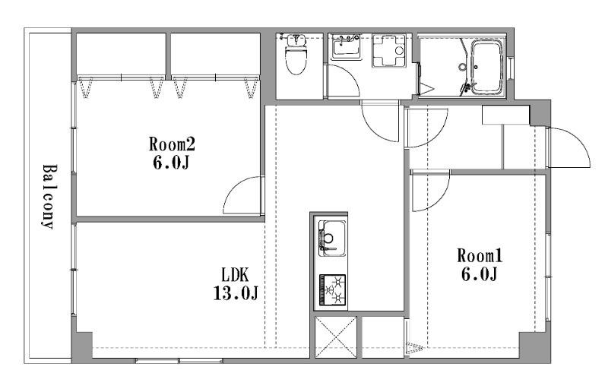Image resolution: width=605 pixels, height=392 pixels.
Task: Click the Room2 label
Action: pos(172,144)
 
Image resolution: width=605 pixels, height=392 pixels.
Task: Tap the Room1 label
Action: pos(480,256)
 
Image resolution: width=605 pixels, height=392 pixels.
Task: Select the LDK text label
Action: pos(236,275)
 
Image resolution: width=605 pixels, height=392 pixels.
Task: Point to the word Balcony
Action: pos(49,197)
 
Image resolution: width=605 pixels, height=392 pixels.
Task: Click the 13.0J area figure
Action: pos(236,293)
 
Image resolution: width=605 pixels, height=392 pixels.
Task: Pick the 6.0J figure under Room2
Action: pos(171,163)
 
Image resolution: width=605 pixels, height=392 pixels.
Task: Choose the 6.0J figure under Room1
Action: pos(480,274)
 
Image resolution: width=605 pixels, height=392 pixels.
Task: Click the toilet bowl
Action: pos(296,59)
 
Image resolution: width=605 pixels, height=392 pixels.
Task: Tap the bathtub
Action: pos(487,67)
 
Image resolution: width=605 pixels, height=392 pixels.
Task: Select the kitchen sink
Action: pos(332,238)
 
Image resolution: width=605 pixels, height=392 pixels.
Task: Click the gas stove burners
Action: pos(332,290)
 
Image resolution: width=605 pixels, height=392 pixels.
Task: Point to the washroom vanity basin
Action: pos(346,46)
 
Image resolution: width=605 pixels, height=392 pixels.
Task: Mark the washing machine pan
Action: pos(389,51)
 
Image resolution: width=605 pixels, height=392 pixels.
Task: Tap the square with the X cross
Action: pos(336,337)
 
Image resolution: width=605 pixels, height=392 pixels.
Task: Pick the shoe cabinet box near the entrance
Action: pos(505,115)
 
